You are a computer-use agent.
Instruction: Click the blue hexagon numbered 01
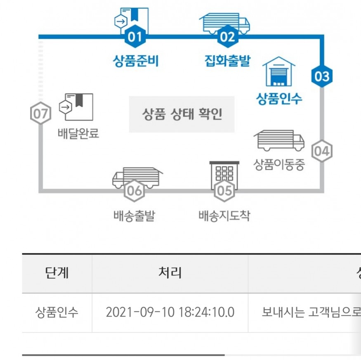[135, 38]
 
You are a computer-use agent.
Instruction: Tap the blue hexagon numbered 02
[227, 38]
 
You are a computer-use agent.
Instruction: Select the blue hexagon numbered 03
[322, 76]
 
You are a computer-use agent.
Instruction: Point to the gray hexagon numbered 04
[321, 152]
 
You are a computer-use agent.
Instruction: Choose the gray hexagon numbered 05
[224, 190]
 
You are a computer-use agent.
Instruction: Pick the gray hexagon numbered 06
[135, 190]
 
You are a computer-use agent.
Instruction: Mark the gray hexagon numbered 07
[41, 114]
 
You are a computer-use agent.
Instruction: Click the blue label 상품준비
[136, 62]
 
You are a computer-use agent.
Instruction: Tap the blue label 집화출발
[227, 62]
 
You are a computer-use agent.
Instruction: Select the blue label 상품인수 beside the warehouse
[279, 99]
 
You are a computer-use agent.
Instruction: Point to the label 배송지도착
[224, 216]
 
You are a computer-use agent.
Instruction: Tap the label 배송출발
[134, 216]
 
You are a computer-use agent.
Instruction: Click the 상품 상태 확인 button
[182, 114]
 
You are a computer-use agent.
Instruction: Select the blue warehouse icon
[279, 72]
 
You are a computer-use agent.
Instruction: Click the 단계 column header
[57, 273]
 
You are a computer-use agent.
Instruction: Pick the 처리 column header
[170, 273]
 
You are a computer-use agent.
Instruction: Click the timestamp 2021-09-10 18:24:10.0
[170, 312]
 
